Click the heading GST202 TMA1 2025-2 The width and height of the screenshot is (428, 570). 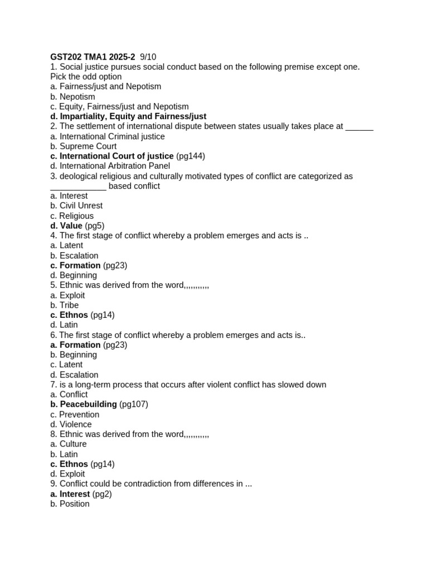tap(93, 57)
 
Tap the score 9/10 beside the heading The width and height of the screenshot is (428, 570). tap(148, 57)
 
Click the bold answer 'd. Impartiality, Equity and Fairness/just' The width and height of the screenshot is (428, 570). tap(128, 116)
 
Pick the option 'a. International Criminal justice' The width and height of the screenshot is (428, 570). tap(108, 136)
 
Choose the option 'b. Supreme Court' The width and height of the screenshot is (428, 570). tap(84, 146)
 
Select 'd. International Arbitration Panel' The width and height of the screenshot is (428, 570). tap(110, 166)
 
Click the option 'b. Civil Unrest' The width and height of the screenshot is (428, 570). tap(76, 206)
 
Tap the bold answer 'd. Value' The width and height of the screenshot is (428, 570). tap(66, 226)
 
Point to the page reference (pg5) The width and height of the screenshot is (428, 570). tap(95, 226)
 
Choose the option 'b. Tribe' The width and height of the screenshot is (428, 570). tap(65, 306)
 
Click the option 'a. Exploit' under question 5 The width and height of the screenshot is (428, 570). tap(67, 296)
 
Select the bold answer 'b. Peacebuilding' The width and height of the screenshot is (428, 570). tap(84, 405)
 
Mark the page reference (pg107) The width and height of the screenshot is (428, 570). tap(134, 405)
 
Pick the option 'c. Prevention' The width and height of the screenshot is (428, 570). tap(75, 415)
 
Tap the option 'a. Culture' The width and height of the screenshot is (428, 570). tap(69, 444)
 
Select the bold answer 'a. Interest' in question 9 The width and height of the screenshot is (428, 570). tap(70, 494)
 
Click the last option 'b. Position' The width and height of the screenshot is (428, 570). tap(70, 504)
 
